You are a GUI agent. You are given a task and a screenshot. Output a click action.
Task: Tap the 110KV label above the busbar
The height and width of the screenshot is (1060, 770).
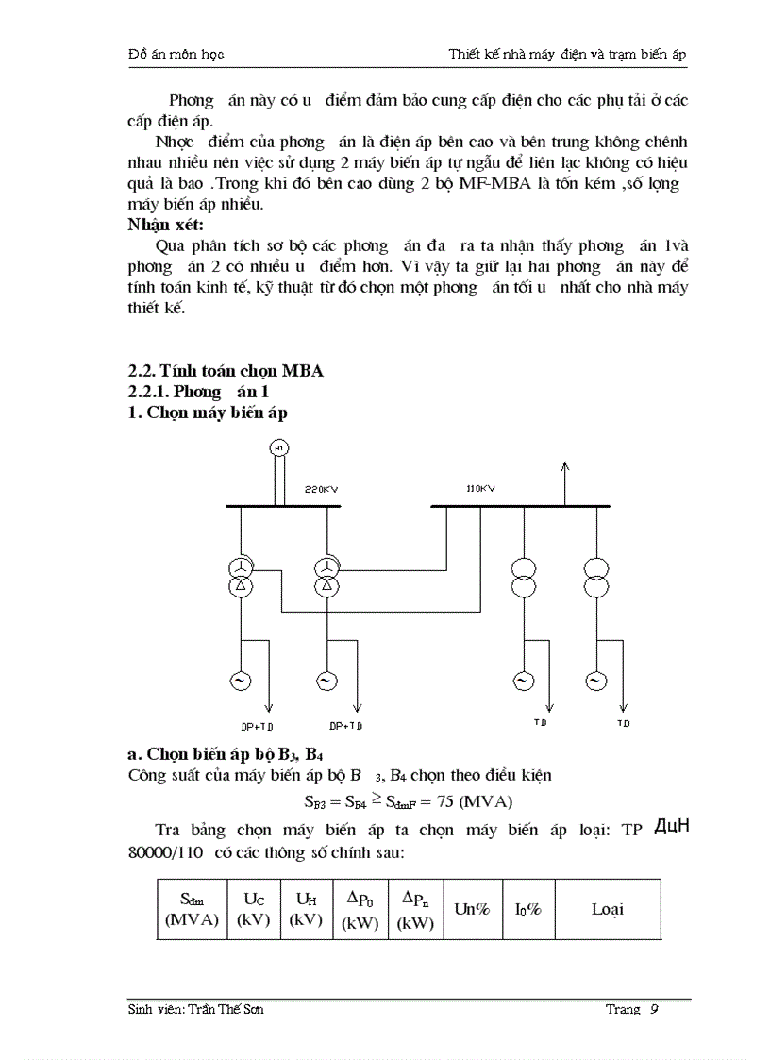tap(480, 488)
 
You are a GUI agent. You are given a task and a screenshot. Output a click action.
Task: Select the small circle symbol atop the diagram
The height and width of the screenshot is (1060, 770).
tap(278, 447)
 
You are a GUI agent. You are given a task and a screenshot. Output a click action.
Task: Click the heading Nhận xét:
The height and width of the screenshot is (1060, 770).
tap(165, 225)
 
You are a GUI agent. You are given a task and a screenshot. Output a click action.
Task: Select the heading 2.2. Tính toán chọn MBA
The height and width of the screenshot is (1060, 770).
tap(226, 371)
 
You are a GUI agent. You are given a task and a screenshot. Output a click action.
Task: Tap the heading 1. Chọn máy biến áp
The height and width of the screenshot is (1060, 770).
tap(208, 412)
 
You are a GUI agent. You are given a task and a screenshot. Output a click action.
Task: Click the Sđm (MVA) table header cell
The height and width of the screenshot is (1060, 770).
tap(192, 909)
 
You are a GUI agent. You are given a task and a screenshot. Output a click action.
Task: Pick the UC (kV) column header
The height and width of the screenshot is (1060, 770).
tap(253, 909)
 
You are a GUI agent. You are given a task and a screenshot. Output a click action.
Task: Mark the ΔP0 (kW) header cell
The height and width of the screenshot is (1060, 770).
tap(360, 909)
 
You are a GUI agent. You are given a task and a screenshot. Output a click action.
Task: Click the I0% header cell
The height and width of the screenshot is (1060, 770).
tap(527, 909)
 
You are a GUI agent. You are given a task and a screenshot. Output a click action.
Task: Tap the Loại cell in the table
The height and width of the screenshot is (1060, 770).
tap(607, 909)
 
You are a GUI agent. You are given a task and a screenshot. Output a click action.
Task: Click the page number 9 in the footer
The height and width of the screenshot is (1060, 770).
tap(653, 1010)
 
